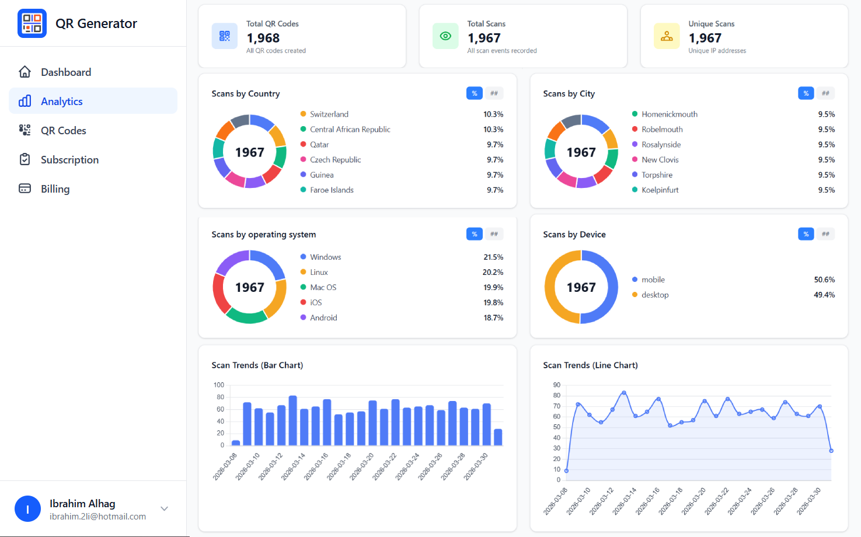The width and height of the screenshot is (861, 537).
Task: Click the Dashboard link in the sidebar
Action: pos(65,72)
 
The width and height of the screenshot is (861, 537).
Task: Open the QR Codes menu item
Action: pos(63,131)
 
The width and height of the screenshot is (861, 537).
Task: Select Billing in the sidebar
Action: pos(55,189)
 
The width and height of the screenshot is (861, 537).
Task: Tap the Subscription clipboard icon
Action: pos(25,159)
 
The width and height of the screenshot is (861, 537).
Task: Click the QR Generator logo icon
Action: pos(32,23)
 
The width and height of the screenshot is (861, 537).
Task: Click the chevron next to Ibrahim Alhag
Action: pos(165,508)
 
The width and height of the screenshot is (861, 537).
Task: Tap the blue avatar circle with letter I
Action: pos(27,509)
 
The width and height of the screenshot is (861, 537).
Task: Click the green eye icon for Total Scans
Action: pos(445,36)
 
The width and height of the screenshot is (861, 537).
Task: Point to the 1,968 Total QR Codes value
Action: pos(263,38)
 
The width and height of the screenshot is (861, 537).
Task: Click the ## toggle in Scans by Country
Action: pos(494,93)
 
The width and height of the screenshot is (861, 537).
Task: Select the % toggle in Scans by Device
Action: pos(806,234)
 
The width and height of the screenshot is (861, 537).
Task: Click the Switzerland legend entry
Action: pos(329,114)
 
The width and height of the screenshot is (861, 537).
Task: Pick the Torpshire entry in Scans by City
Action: pos(657,175)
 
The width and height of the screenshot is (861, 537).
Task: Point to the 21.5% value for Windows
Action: pos(493,257)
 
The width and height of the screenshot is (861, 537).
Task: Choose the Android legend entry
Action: pos(323,318)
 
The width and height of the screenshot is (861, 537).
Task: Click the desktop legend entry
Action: pos(655,295)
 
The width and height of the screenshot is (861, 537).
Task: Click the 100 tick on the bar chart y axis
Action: pos(219,385)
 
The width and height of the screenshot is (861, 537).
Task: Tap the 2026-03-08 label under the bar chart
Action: pos(225,466)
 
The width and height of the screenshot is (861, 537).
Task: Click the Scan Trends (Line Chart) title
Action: pos(590,365)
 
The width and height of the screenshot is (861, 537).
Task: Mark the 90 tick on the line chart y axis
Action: pos(557,385)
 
